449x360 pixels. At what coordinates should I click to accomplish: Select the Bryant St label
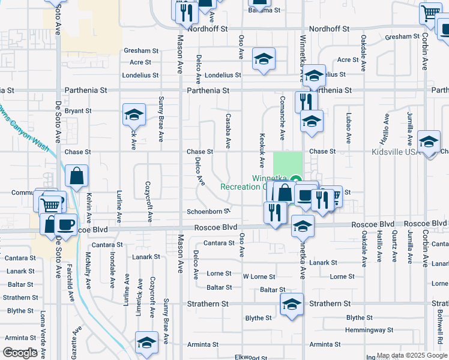78,111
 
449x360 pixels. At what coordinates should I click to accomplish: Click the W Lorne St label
259,277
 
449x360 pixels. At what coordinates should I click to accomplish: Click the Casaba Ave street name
228,131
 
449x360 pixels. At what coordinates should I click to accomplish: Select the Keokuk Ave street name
262,150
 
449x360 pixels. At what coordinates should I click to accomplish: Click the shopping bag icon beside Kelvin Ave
77,176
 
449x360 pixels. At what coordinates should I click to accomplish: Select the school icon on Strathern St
292,305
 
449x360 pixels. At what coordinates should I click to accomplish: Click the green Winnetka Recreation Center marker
295,179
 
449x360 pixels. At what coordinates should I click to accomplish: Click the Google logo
20,353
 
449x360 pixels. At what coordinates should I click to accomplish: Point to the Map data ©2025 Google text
411,355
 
